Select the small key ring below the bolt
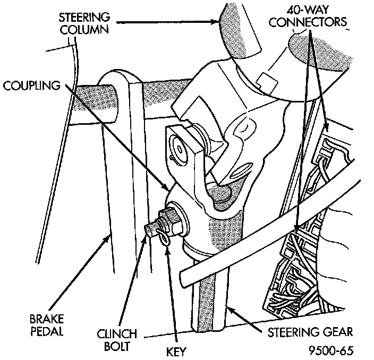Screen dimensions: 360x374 [166, 240]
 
